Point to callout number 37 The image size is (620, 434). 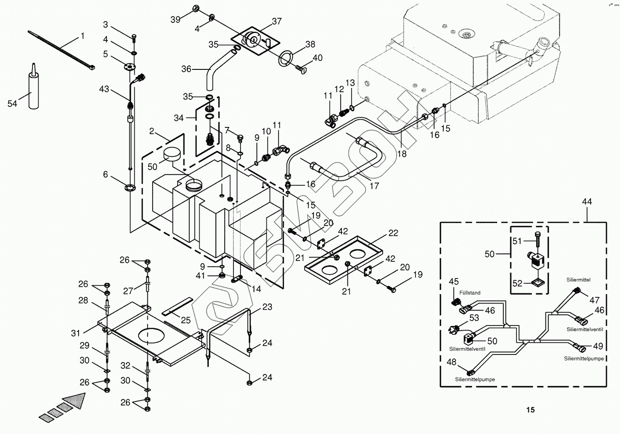point(276,21)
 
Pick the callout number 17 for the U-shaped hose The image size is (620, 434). point(374,186)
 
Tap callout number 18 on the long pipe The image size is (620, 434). point(401,154)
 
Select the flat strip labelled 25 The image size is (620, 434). point(177,306)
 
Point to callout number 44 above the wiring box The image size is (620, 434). point(587,202)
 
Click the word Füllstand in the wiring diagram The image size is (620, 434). point(470,293)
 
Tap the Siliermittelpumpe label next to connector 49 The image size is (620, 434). point(584,358)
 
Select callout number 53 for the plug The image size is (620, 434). point(474,318)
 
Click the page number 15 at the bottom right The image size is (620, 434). point(530,410)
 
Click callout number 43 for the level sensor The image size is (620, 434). point(104,89)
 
